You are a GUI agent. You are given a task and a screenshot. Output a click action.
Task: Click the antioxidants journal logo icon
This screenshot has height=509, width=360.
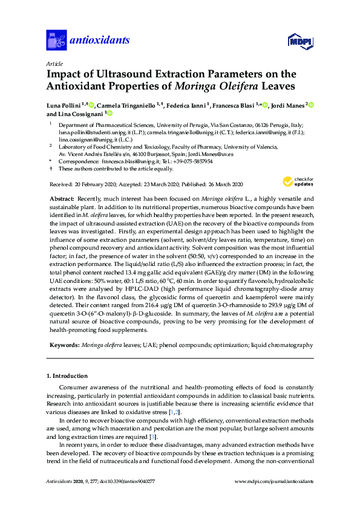(x=56, y=40)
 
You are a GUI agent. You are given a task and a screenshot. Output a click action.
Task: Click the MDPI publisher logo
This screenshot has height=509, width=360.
(x=296, y=41)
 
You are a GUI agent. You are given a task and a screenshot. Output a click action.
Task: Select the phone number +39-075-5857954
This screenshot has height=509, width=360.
(x=194, y=162)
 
